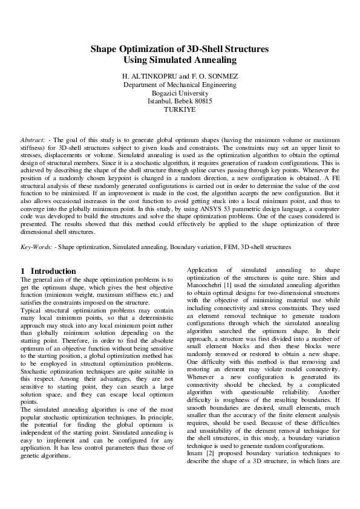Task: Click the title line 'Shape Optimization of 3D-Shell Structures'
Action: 180,50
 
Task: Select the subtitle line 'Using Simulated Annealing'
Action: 180,60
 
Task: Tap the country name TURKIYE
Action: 180,110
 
